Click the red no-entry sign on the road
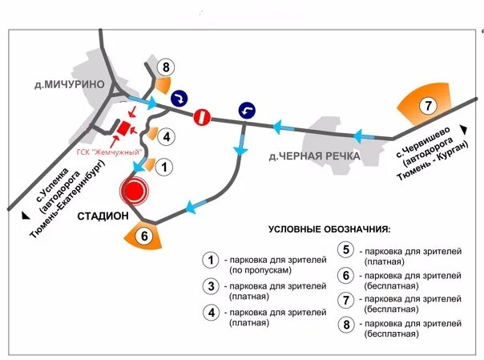coord(203,116)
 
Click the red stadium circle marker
coord(134,191)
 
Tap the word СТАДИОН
coord(103,216)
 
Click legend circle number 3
coord(212,286)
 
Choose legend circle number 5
coord(345,250)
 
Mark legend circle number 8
coord(345,325)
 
